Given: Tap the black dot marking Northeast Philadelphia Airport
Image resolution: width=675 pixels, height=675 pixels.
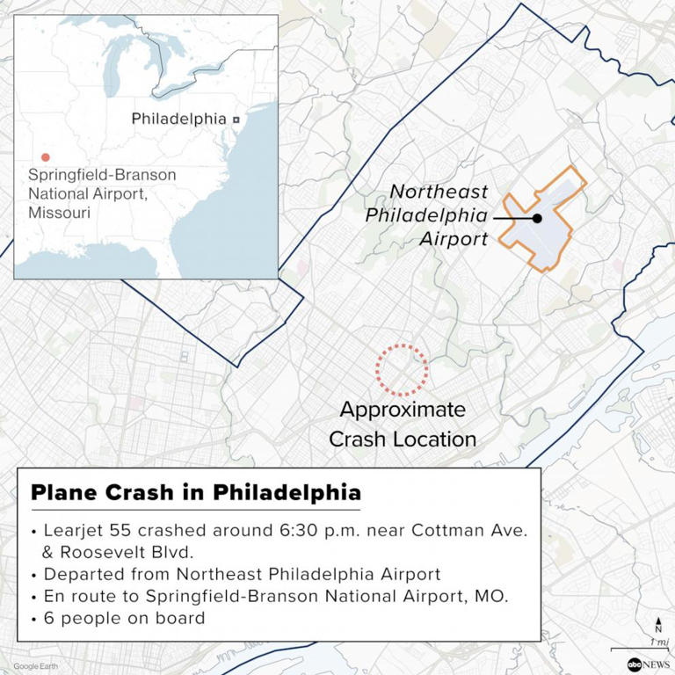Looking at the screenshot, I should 537,218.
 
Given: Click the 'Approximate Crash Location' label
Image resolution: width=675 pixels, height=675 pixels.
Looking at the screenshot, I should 403,424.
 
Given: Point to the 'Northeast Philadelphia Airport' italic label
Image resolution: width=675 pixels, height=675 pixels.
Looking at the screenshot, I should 439,215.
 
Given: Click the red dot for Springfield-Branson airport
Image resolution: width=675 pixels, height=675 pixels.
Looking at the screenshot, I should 46,157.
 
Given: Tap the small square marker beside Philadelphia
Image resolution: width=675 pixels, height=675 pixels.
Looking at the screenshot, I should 236,119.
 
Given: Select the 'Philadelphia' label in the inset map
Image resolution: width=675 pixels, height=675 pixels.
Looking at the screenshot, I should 178,119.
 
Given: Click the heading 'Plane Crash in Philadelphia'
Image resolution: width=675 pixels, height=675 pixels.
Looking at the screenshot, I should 195,493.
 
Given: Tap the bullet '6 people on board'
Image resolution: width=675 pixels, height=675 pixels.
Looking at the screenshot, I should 123,618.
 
